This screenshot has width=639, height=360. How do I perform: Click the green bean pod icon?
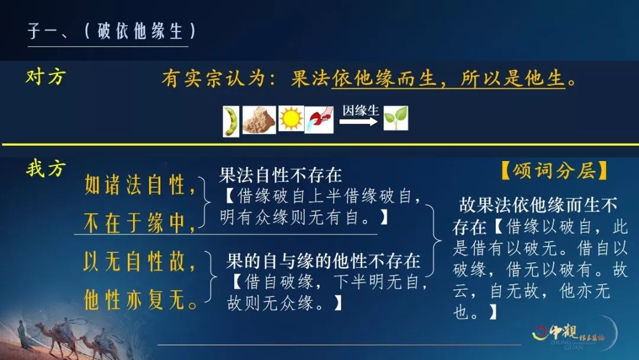[231, 121]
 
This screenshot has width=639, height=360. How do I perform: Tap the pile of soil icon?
[259, 120]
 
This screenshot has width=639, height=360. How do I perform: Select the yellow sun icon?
[291, 118]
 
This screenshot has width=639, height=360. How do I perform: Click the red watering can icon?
[319, 120]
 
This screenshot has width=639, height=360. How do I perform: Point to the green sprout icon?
[396, 118]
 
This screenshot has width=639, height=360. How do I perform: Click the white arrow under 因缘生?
[359, 121]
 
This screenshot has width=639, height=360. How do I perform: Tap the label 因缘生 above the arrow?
[361, 110]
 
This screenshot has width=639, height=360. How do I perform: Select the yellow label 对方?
[46, 76]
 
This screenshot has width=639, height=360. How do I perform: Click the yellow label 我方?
[46, 168]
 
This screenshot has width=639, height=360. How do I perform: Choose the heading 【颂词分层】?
[554, 171]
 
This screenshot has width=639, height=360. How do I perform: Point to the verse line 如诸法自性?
[140, 185]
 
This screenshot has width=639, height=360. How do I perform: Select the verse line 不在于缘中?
[140, 223]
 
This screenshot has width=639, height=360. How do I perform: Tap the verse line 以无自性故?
[140, 261]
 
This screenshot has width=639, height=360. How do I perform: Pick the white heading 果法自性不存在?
[280, 175]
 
